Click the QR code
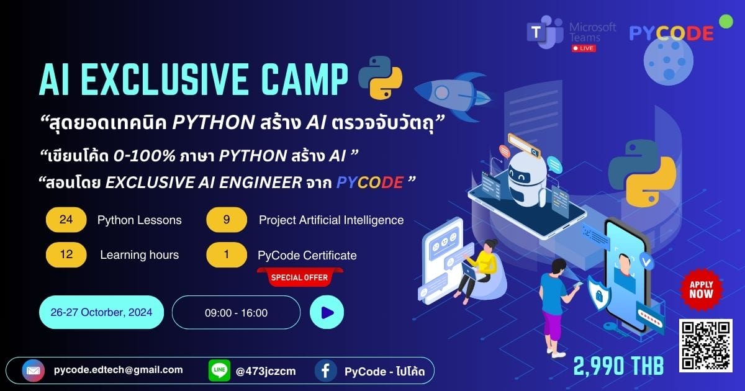[706, 346]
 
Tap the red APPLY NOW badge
[701, 290]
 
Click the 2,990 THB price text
[618, 366]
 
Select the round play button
[327, 312]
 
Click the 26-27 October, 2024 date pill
[101, 312]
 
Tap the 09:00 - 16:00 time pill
[236, 313]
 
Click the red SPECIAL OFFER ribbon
[300, 277]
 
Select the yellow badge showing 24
[66, 220]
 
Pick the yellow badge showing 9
[227, 220]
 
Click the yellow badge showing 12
[66, 254]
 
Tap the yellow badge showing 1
[227, 254]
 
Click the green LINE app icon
[219, 371]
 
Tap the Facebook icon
[325, 371]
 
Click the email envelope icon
[34, 371]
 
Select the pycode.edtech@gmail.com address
[119, 370]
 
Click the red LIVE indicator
[584, 48]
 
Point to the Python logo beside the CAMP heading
[380, 78]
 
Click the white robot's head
[527, 171]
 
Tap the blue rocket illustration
[453, 94]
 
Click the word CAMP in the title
[304, 79]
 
